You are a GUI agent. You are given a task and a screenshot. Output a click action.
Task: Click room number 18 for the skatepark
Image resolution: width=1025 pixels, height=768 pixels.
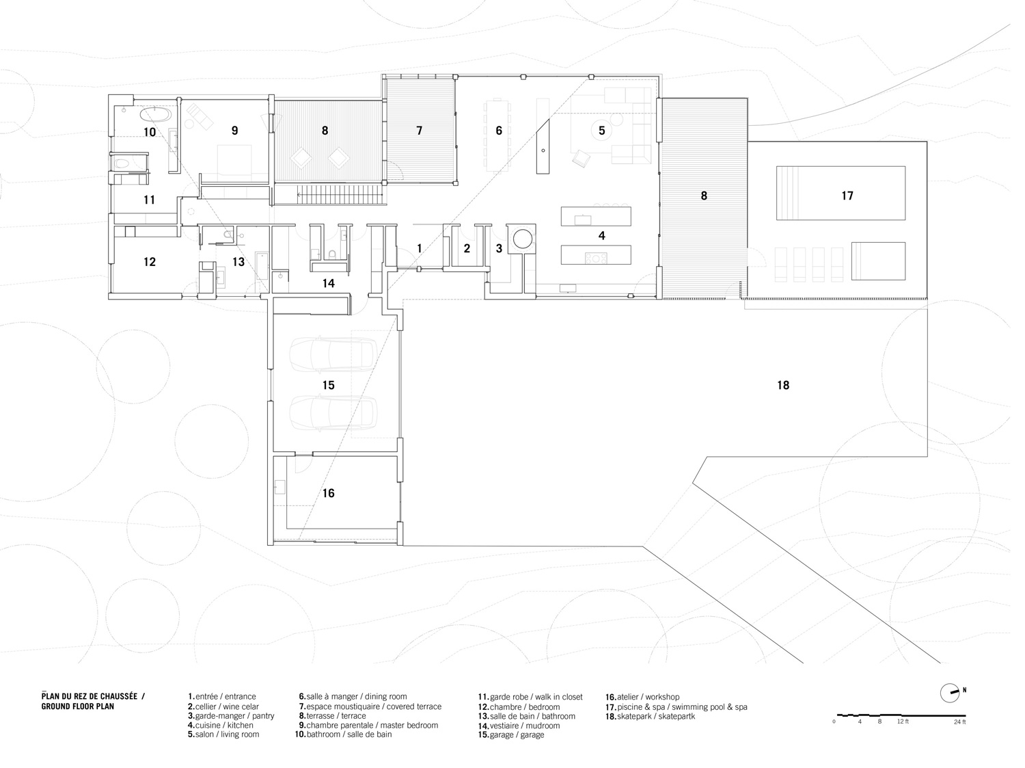(x=783, y=385)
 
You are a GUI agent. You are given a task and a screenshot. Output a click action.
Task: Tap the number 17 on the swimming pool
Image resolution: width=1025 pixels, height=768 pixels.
(x=847, y=196)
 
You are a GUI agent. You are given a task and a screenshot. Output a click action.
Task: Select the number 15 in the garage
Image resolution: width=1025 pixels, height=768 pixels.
(x=328, y=385)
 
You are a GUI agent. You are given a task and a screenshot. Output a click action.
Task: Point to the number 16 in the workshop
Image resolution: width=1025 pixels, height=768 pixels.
(x=328, y=493)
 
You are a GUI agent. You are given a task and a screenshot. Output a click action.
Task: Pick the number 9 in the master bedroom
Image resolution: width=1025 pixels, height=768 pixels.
(x=234, y=131)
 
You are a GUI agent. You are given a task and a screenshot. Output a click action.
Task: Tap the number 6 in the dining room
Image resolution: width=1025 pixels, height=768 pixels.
(x=499, y=131)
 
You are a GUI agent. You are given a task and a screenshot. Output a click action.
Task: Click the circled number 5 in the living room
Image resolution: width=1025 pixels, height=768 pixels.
(x=602, y=130)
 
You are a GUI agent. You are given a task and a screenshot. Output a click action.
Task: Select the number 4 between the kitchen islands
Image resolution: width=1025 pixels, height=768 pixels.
(x=601, y=236)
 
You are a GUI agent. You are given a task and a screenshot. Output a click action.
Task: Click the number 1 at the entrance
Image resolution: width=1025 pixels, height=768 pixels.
(x=420, y=249)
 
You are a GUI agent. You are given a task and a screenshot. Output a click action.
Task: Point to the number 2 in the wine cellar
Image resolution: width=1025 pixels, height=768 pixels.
(x=467, y=249)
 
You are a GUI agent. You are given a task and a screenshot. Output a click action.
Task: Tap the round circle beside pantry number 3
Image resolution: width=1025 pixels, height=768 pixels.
(x=523, y=239)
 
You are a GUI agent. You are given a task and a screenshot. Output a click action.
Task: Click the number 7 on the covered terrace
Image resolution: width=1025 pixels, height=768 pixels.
(x=420, y=131)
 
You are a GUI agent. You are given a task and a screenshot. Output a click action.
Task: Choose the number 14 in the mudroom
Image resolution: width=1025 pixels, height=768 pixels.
(x=328, y=283)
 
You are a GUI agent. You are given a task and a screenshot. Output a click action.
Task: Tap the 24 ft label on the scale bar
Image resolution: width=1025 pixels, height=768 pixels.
(x=960, y=721)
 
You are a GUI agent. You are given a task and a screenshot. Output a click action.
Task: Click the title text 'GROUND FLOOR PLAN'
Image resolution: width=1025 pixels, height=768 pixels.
(x=77, y=706)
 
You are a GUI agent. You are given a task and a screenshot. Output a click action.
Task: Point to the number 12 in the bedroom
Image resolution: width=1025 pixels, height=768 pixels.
(x=150, y=262)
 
